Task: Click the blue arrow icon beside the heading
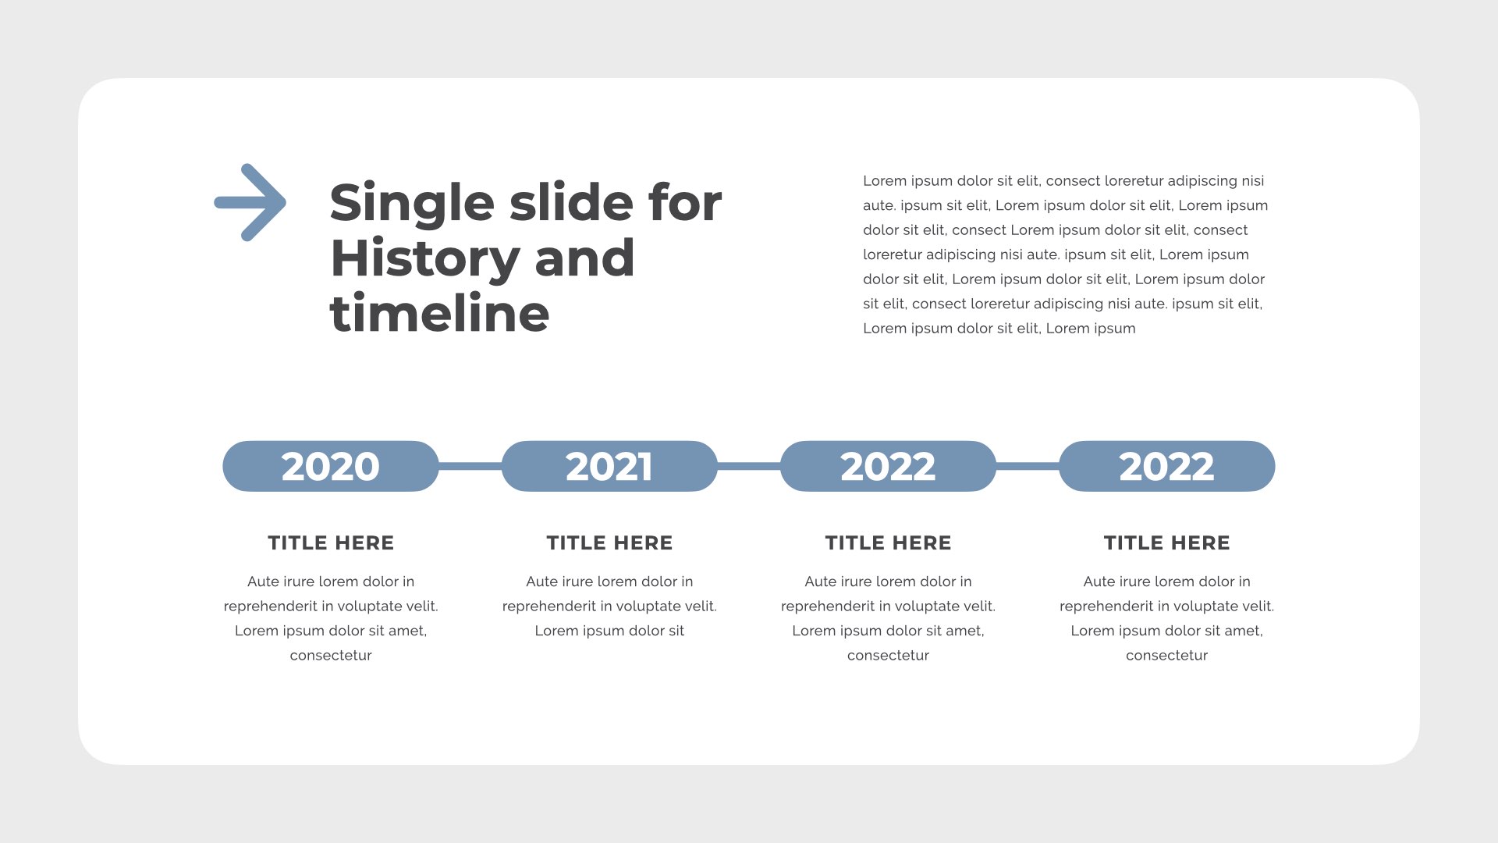point(250,202)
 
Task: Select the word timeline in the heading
point(440,313)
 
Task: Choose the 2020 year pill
point(331,466)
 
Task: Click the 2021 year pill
point(609,466)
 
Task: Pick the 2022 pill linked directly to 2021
point(888,466)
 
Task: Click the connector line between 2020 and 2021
point(470,466)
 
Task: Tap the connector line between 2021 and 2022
point(749,466)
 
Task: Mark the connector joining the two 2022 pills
point(1028,466)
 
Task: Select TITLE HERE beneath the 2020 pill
point(331,543)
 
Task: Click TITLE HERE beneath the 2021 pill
point(609,543)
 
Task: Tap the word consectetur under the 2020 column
point(331,656)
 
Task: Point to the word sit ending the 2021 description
point(675,631)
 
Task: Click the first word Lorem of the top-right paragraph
point(885,181)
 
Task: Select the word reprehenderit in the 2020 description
point(270,606)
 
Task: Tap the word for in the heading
point(685,202)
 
